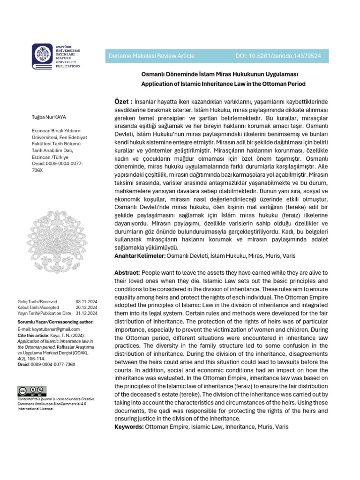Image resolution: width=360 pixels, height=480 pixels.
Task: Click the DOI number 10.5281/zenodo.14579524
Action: tap(278, 56)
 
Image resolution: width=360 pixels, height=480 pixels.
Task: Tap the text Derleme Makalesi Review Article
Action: tap(151, 56)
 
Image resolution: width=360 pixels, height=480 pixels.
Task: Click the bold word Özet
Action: tap(123, 102)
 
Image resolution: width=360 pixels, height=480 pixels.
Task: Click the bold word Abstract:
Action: tap(127, 273)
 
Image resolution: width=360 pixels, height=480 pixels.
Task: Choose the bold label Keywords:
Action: tap(129, 427)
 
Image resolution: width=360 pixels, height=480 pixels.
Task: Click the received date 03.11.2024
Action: tap(86, 301)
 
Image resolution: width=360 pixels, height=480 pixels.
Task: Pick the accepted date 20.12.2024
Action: tap(86, 307)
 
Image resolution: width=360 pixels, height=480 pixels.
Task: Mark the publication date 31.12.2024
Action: tap(86, 313)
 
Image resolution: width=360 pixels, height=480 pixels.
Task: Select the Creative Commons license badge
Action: tap(32, 391)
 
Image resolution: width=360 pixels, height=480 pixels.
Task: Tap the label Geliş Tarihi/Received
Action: tap(37, 301)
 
